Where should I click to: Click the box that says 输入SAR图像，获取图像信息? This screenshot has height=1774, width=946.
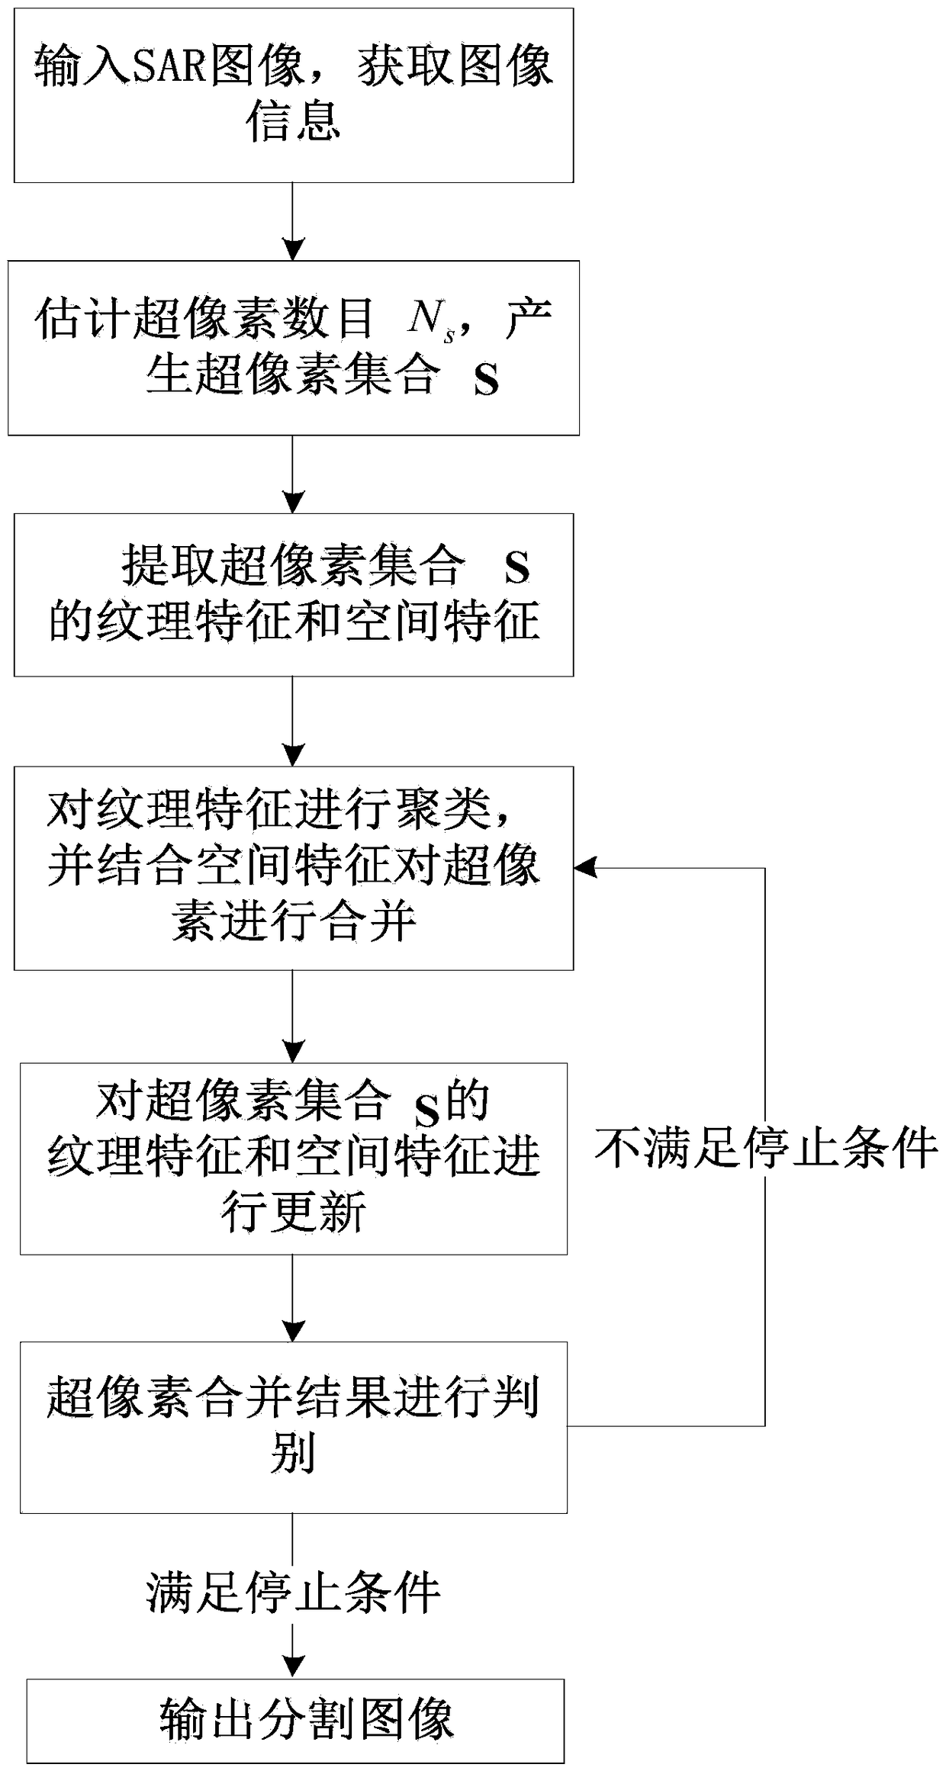pyautogui.click(x=294, y=95)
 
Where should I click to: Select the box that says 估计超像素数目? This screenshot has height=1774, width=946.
pyautogui.click(x=294, y=348)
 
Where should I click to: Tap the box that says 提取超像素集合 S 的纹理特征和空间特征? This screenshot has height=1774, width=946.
pyautogui.click(x=294, y=595)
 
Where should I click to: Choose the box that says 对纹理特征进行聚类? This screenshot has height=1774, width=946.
pyautogui.click(x=294, y=868)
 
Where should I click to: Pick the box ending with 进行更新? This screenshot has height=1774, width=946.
pyautogui.click(x=294, y=1159)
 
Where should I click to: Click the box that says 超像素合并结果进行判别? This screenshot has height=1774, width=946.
pyautogui.click(x=294, y=1427)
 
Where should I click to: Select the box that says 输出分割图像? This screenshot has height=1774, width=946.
pyautogui.click(x=295, y=1721)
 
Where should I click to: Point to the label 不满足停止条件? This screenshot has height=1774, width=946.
pyautogui.click(x=766, y=1147)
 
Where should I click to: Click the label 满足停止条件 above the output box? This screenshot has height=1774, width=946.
pyautogui.click(x=294, y=1592)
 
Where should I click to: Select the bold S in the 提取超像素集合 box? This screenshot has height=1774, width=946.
pyautogui.click(x=517, y=568)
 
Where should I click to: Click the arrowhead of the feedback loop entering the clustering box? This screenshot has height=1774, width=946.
pyautogui.click(x=584, y=867)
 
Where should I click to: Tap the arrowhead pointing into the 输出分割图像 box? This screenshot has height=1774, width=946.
pyautogui.click(x=293, y=1667)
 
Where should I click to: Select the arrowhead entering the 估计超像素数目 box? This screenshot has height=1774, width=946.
pyautogui.click(x=293, y=250)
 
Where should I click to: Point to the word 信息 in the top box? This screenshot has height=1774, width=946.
pyautogui.click(x=293, y=122)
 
